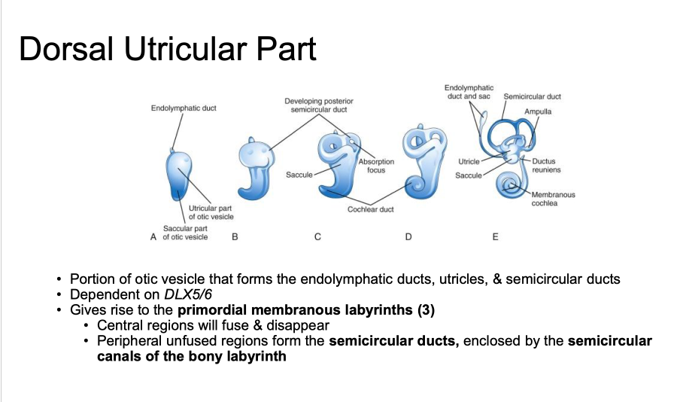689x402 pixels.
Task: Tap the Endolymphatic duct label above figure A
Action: coord(184,108)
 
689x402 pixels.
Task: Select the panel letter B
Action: coord(235,237)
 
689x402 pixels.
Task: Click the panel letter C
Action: coord(317,237)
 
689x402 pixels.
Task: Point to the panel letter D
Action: coord(408,237)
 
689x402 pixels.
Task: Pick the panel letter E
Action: coord(495,237)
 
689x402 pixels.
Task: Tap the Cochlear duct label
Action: coord(370,209)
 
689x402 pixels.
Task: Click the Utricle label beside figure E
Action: coord(469,162)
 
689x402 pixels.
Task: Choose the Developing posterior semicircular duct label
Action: coord(318,105)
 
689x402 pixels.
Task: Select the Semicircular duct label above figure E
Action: coord(532,96)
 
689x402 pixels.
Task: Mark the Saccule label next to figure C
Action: coord(299,175)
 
